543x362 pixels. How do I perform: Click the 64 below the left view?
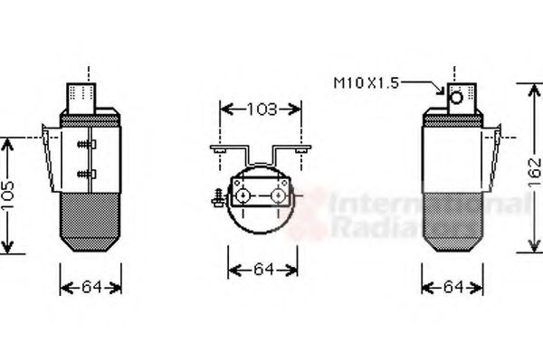click(90, 288)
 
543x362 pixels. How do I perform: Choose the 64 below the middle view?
click(262, 270)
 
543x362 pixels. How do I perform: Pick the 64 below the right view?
click(452, 288)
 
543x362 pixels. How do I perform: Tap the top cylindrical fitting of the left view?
click(88, 93)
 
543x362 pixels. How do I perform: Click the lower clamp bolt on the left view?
click(83, 172)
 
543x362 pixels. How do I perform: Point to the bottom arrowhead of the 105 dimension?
click(9, 248)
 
